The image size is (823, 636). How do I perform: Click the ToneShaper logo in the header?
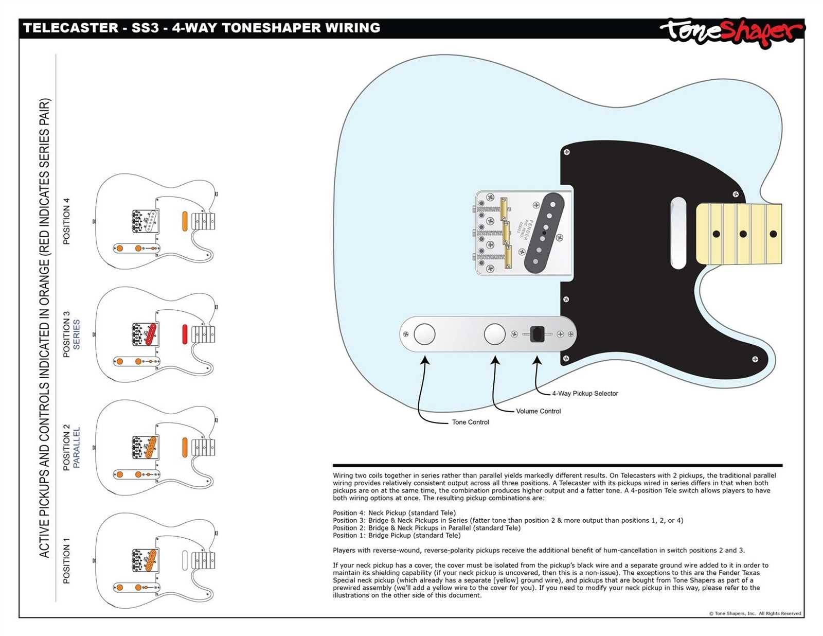point(731,32)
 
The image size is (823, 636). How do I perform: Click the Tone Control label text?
point(470,422)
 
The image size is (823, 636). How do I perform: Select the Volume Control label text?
point(538,411)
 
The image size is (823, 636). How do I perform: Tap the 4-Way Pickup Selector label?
point(585,394)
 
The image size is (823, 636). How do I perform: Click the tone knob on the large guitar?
point(424,334)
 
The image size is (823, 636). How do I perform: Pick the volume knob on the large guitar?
point(494,334)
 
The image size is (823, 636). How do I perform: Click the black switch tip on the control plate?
point(538,334)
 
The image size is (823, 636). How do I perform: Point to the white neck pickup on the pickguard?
point(678,233)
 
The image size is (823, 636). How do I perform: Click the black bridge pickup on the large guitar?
point(544,233)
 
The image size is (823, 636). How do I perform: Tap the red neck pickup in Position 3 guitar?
point(185,334)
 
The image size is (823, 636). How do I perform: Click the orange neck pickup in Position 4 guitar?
point(185,221)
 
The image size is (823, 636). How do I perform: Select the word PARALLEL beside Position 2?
point(77,447)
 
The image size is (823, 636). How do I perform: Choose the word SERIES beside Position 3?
point(77,334)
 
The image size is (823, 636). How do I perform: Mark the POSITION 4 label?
point(66,221)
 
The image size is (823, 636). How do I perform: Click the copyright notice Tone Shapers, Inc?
point(755,613)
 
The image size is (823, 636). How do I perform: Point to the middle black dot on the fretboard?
point(743,234)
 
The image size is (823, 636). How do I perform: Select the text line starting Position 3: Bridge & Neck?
point(508,520)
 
